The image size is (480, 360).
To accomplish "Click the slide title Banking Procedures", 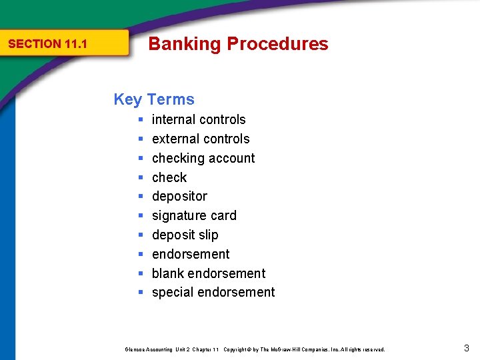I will click(238, 44).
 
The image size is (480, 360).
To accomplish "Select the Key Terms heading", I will click(154, 99).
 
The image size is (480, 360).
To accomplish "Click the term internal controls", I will click(199, 120).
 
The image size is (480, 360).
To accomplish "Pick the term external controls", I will click(201, 139).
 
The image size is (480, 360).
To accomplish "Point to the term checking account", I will click(203, 158).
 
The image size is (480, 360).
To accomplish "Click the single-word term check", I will click(169, 177).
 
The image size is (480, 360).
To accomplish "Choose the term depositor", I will click(179, 197).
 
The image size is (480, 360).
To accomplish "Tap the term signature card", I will click(194, 215).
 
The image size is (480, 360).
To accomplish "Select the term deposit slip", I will click(185, 235).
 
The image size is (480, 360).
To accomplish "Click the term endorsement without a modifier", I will click(191, 254).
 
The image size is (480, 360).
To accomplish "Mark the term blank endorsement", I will click(209, 273).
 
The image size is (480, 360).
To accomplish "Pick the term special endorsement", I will click(213, 293).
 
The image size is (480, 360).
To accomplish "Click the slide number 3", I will click(466, 347).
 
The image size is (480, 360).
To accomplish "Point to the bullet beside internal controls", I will click(141, 120).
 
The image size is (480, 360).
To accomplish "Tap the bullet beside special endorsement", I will click(141, 293).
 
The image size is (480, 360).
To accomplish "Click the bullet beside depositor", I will click(141, 197).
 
